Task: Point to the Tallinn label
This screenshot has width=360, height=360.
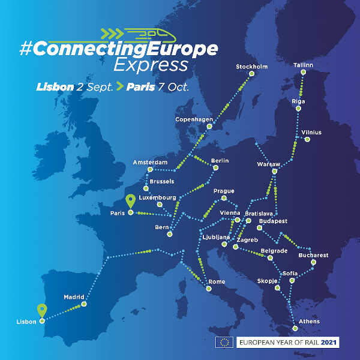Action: point(303,65)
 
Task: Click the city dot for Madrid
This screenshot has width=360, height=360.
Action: point(84,304)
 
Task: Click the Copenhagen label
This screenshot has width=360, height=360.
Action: point(194,119)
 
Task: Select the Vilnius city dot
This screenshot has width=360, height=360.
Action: point(307,140)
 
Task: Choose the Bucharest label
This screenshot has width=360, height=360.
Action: point(313,255)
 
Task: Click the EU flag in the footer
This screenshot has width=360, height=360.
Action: point(225,343)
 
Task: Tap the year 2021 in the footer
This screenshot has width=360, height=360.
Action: point(329,343)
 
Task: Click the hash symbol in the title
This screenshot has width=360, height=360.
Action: point(26,49)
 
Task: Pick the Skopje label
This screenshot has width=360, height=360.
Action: point(267,281)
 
